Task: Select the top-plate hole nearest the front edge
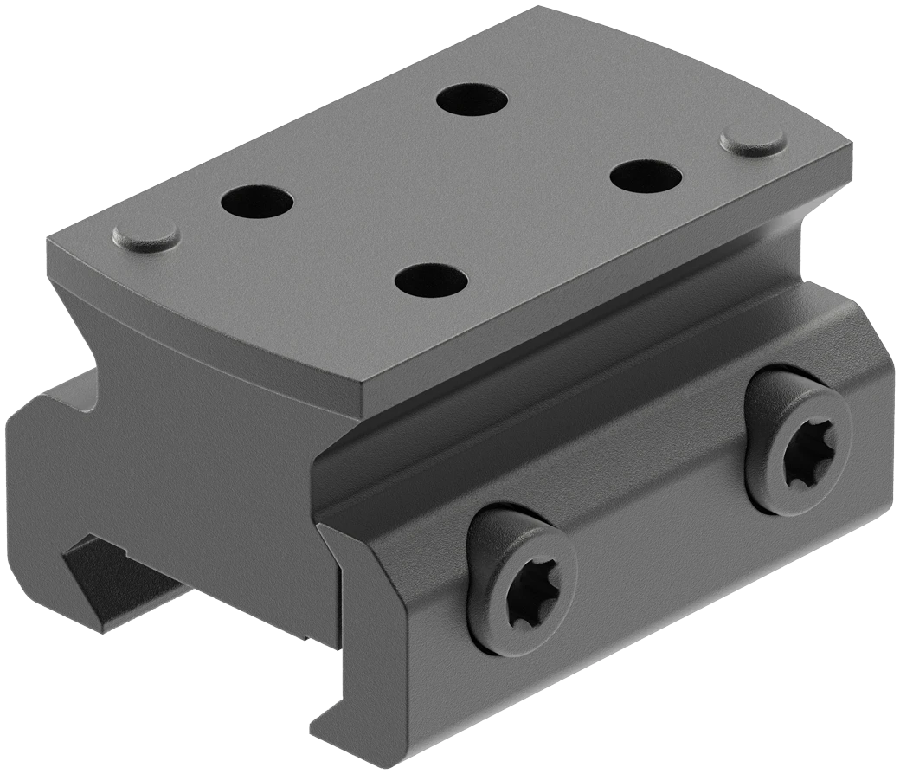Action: click(431, 281)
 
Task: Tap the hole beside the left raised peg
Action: click(257, 203)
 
